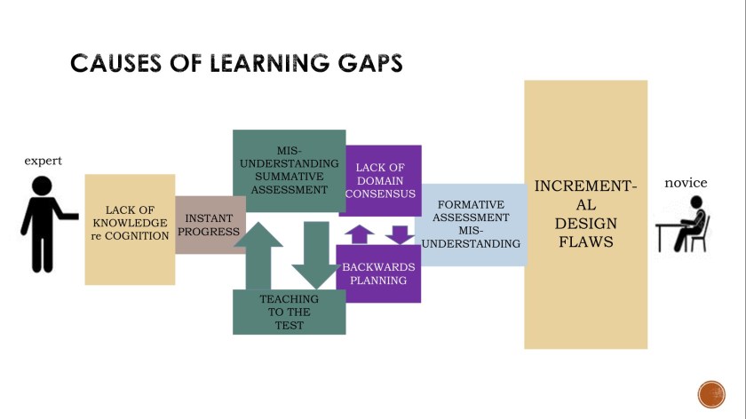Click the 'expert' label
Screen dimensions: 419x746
pyautogui.click(x=43, y=161)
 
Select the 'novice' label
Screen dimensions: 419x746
pyautogui.click(x=686, y=183)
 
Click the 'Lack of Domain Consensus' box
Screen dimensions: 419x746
pyautogui.click(x=380, y=180)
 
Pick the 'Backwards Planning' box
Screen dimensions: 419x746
pyautogui.click(x=377, y=273)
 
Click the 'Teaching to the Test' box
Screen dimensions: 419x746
pyautogui.click(x=289, y=312)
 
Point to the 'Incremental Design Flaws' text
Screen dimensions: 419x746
pyautogui.click(x=585, y=214)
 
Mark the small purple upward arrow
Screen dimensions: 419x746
pyautogui.click(x=359, y=234)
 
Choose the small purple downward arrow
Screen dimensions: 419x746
pyautogui.click(x=401, y=234)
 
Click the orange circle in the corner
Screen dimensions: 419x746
pyautogui.click(x=711, y=393)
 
